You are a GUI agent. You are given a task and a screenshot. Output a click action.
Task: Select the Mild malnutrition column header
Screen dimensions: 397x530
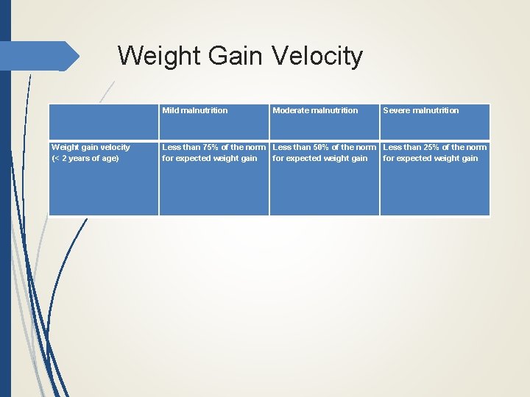[195, 110]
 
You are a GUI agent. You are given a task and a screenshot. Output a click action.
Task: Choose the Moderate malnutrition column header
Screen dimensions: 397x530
[315, 110]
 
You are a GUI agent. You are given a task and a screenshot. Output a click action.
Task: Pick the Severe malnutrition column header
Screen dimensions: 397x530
[420, 110]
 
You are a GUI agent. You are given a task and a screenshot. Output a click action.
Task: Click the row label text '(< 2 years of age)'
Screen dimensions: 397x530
[85, 158]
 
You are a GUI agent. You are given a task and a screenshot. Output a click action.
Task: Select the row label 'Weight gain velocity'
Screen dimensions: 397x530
[91, 147]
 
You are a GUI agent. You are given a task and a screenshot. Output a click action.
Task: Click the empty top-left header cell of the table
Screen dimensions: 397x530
[103, 121]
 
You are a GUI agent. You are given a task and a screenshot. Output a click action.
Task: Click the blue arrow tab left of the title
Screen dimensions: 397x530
[40, 56]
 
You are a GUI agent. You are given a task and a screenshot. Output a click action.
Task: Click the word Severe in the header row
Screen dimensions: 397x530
[396, 110]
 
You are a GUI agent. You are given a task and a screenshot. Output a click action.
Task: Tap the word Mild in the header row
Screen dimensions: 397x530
[171, 110]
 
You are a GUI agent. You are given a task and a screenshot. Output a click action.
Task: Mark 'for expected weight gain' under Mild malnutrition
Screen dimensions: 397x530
[210, 158]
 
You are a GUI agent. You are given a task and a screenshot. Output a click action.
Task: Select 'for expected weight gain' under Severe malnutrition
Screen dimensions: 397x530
[431, 158]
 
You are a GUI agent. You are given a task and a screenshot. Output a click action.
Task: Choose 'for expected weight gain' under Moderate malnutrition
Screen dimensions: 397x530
[320, 158]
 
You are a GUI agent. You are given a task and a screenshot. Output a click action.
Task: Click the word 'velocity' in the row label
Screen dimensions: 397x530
[114, 147]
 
